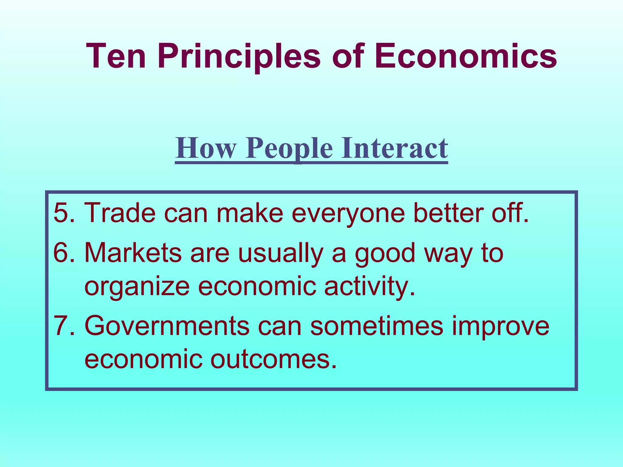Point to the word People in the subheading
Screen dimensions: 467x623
289,148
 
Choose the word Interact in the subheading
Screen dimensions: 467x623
394,148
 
